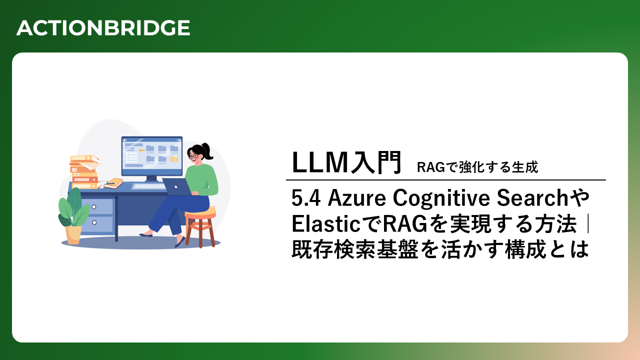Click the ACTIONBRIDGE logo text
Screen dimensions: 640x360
103,28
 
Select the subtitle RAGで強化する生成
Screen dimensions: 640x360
477,167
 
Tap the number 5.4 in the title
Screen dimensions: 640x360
305,198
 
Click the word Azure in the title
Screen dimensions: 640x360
357,198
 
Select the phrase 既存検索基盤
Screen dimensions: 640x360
355,249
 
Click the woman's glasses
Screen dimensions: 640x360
193,156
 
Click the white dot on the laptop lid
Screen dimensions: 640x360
176,187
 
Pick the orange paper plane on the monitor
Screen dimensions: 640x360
141,150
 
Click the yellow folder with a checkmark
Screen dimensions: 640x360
174,159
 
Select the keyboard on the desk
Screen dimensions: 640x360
149,186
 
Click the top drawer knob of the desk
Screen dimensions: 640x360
94,207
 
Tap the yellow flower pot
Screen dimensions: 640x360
73,234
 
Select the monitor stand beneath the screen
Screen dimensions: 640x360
151,179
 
